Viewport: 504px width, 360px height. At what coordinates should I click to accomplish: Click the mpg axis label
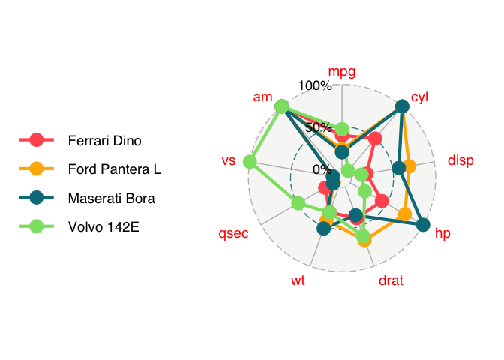342,72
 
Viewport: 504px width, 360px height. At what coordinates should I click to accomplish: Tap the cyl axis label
419,97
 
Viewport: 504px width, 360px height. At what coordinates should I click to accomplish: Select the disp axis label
460,160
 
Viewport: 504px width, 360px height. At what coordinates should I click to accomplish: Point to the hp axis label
442,233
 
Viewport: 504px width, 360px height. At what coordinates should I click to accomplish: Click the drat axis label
391,280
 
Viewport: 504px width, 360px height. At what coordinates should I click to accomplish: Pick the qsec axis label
233,234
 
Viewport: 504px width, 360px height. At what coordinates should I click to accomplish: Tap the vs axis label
229,160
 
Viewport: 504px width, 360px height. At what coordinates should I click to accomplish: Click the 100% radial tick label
315,85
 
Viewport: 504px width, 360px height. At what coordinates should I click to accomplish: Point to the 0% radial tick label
322,169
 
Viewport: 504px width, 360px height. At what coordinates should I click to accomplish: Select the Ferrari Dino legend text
105,141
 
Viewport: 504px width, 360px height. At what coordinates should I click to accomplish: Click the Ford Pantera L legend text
115,169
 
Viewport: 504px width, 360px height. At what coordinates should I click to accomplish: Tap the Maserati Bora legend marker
37,198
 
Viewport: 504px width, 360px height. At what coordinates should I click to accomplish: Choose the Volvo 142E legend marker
37,226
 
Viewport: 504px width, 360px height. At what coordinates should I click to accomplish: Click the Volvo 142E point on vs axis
250,162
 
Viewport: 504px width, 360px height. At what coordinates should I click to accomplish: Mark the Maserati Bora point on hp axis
423,225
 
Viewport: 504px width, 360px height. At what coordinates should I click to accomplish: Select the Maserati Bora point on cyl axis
402,106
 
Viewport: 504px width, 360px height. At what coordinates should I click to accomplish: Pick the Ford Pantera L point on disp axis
409,166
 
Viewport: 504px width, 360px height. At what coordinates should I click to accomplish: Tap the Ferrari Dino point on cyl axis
375,139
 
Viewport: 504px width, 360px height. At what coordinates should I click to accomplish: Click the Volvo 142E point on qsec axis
298,203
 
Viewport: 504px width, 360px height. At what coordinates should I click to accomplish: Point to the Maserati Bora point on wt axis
324,229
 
